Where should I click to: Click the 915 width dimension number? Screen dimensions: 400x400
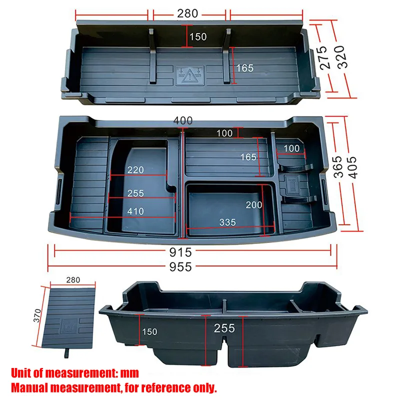coord(180,252)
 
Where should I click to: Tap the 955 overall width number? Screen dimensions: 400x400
coord(180,267)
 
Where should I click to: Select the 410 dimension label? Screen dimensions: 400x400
coord(135,211)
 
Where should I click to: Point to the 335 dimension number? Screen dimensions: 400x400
coord(227,222)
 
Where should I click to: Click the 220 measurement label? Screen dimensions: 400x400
coord(135,170)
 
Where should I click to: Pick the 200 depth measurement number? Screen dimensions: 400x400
coord(254,205)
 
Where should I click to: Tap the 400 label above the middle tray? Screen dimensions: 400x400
coord(183,120)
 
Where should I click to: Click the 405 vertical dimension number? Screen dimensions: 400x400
coord(352,167)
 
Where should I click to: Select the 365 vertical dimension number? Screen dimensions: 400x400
coord(337,166)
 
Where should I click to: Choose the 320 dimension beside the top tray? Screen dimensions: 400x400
coord(342,57)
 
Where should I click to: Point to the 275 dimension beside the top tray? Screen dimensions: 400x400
coord(326,57)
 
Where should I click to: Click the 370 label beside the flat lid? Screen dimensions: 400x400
coord(37,315)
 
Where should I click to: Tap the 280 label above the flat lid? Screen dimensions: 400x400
coord(73,280)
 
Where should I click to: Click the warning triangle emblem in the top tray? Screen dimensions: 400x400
coord(189,75)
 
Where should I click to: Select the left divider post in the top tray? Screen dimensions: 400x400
coord(152,55)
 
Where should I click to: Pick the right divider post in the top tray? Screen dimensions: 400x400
coord(227,55)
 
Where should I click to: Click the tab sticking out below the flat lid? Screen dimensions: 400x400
coord(67,353)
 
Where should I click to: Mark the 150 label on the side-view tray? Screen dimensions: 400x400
coord(149,331)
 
